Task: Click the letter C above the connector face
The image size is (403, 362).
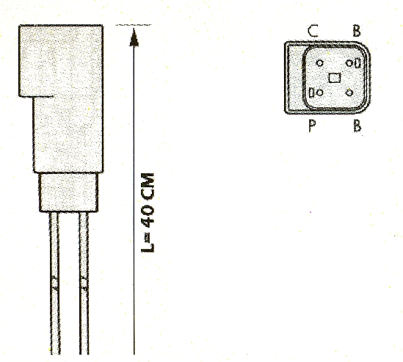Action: tap(313, 31)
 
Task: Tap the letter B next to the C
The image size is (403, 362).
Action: tap(357, 31)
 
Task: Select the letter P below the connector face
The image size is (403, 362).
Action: tap(312, 126)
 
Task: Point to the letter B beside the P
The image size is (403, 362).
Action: tap(357, 126)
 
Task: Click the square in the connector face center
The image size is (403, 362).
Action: tap(335, 78)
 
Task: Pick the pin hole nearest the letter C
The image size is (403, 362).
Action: tap(320, 63)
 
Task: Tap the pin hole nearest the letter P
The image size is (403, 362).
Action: tap(320, 93)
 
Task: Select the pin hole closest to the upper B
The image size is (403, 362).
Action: tap(349, 63)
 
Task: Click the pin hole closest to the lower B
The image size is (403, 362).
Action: tap(349, 93)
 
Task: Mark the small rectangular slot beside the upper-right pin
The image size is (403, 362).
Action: tap(357, 63)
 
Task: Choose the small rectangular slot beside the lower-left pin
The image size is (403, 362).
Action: tap(311, 93)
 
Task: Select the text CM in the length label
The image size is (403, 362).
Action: tap(148, 187)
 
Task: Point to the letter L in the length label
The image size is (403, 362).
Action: tap(148, 247)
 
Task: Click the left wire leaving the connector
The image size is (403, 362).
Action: tap(54, 283)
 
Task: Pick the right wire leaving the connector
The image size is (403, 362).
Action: tap(84, 283)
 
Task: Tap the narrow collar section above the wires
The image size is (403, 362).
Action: tap(68, 192)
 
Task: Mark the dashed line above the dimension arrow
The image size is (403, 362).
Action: tap(133, 25)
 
